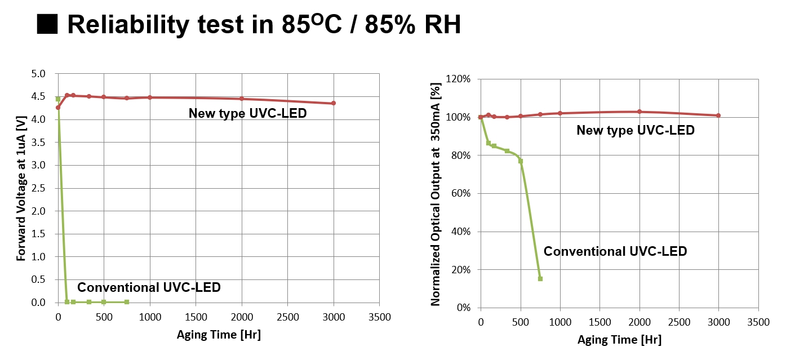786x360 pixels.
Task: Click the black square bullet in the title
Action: (48, 25)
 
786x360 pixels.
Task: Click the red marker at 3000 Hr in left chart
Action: (334, 103)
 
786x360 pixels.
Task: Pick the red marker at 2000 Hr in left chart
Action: (242, 99)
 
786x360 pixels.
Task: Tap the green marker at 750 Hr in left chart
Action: (127, 302)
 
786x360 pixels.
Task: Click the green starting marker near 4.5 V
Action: (58, 99)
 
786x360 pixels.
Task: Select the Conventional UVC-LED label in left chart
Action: (149, 287)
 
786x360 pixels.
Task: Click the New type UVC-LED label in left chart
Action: (247, 113)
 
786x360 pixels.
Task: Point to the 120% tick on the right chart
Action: (458, 79)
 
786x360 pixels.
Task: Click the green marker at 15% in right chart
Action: (540, 279)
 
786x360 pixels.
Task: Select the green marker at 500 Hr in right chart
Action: (521, 161)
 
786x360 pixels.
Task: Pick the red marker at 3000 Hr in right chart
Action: (718, 115)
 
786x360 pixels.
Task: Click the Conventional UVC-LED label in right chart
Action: (615, 251)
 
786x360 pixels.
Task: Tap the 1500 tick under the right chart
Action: (599, 322)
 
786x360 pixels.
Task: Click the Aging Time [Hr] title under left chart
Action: (219, 335)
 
